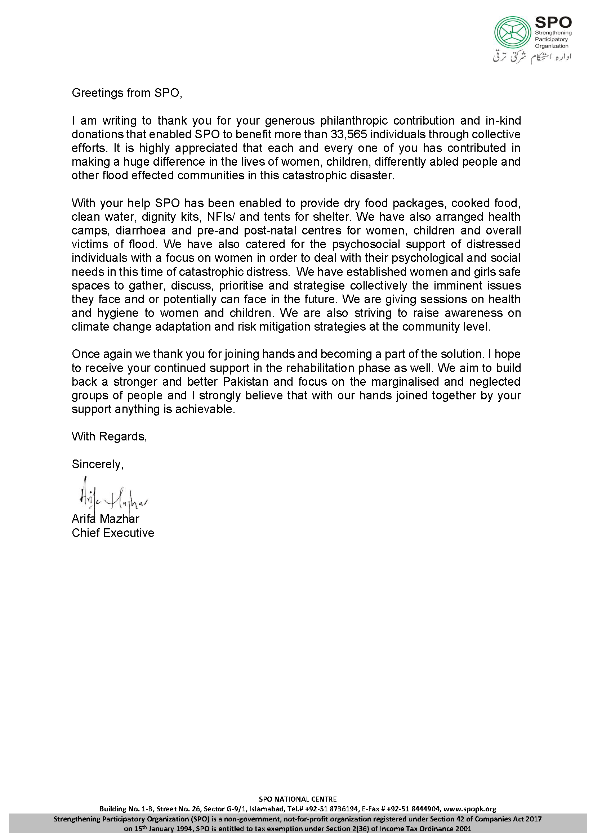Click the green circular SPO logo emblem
pos(512,34)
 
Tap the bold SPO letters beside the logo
pos(553,23)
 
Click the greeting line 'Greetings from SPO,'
pos(127,93)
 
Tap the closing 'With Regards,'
pos(109,436)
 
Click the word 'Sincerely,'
pos(98,464)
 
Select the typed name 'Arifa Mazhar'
pos(105,519)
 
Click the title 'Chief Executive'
pos(113,533)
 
